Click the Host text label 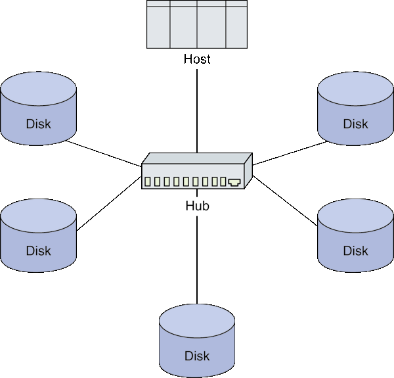pos(197,59)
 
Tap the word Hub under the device pos(197,206)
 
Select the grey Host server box pos(197,24)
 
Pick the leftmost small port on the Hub pos(148,181)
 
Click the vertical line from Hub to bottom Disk pos(197,256)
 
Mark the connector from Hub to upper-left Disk pos(105,153)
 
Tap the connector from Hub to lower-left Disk pos(108,204)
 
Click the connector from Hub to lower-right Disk pos(286,204)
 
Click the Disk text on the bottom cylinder pos(197,356)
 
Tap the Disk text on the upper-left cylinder pos(39,124)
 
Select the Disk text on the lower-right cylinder pos(355,250)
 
